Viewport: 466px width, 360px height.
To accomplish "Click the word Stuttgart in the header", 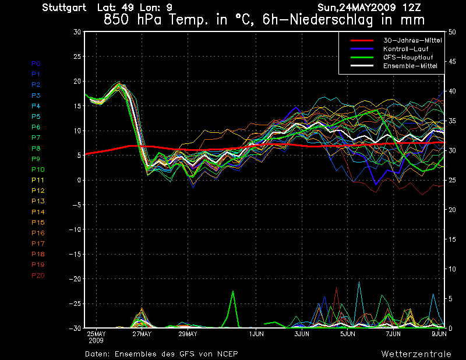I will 65,8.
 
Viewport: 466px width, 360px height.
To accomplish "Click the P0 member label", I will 36,63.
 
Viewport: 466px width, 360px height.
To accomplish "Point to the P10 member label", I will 38,170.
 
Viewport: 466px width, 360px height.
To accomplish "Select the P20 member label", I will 38,276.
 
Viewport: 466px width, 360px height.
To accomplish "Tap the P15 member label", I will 38,223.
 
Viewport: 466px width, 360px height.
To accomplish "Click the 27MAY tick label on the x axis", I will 142,334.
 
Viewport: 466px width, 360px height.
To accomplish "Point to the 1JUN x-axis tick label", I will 256,334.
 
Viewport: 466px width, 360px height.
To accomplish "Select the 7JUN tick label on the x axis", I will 393,334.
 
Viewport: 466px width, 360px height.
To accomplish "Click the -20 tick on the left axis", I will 75,279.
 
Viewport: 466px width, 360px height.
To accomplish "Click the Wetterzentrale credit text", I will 416,354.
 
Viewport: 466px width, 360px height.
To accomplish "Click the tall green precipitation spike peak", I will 233,291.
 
